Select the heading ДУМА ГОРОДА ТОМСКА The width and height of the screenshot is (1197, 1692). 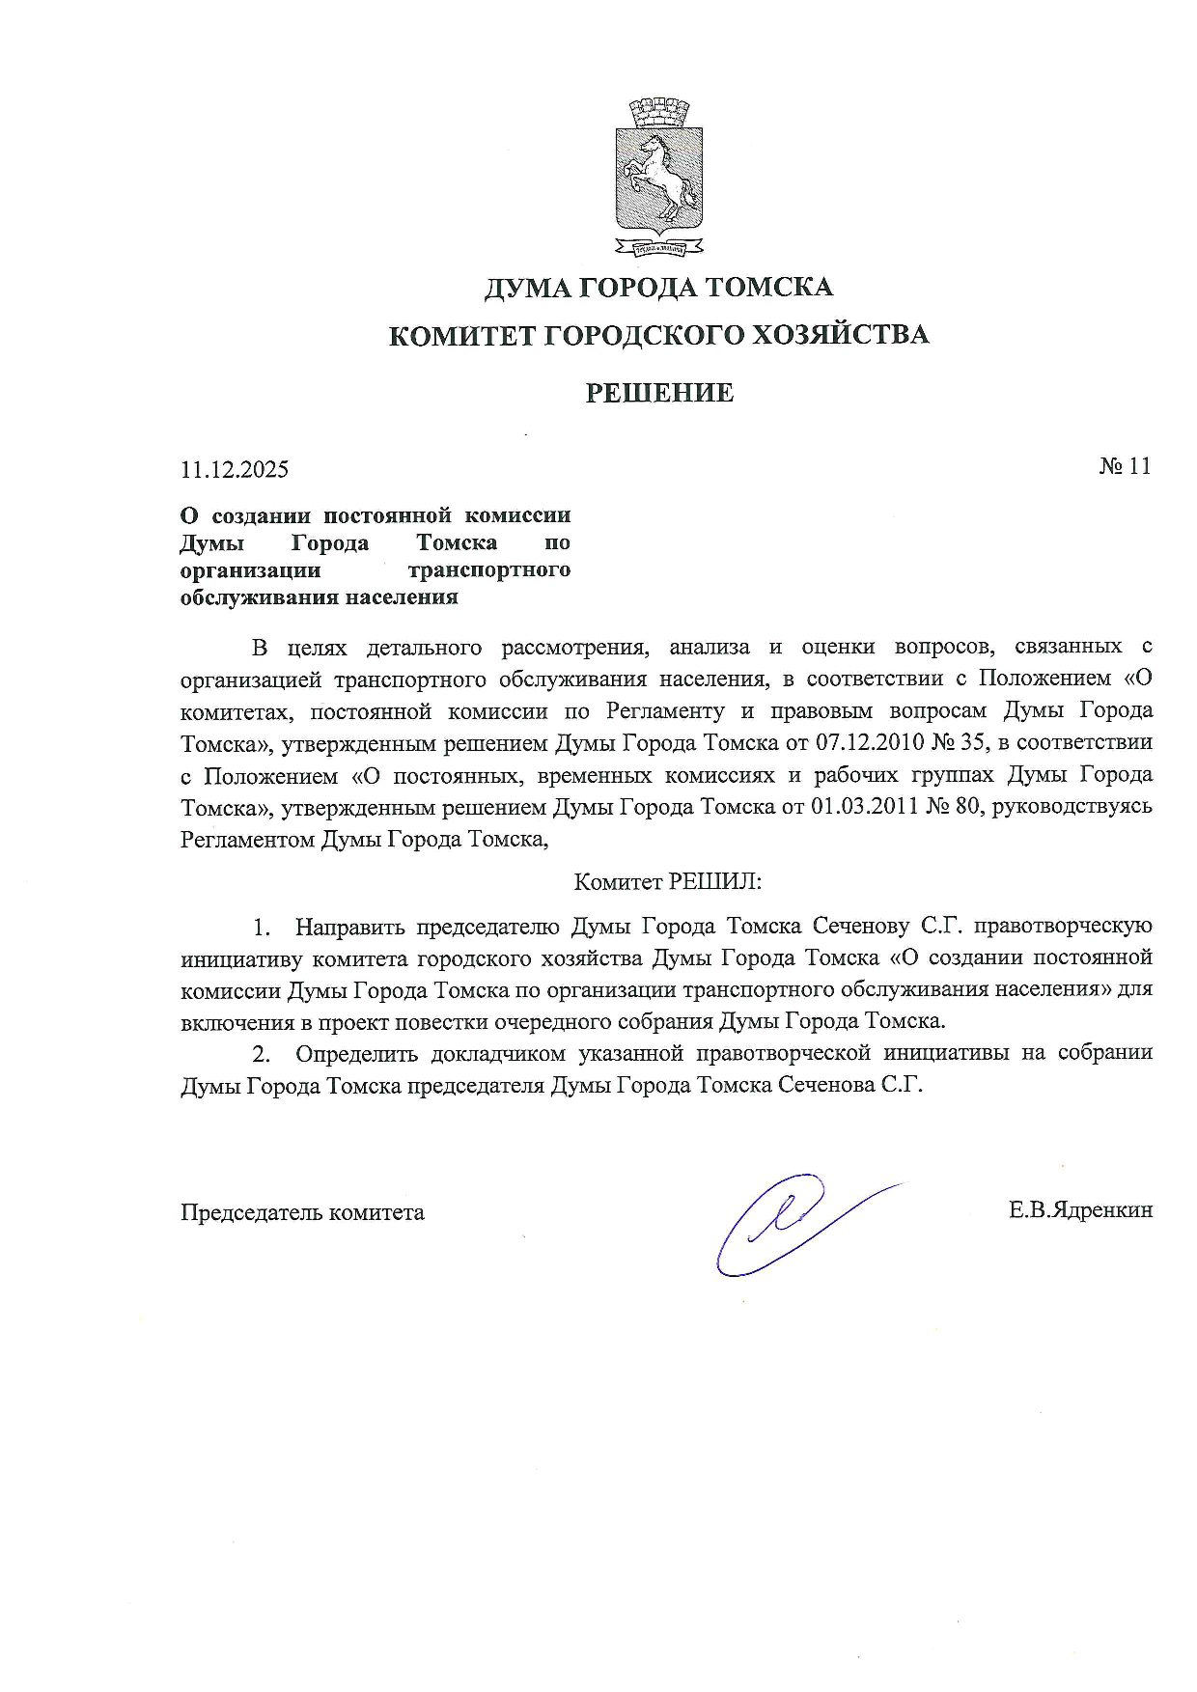pyautogui.click(x=658, y=287)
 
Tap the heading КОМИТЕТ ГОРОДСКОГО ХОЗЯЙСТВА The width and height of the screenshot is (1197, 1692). pyautogui.click(x=658, y=335)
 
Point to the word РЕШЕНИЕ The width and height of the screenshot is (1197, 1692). pyautogui.click(x=659, y=393)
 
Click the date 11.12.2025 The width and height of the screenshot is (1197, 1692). pyautogui.click(x=235, y=470)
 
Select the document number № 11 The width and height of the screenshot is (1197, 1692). pyautogui.click(x=1125, y=466)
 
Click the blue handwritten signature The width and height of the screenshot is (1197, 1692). pyautogui.click(x=792, y=1221)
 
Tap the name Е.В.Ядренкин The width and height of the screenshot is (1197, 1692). pyautogui.click(x=1080, y=1210)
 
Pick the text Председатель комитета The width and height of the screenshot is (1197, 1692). pyautogui.click(x=302, y=1212)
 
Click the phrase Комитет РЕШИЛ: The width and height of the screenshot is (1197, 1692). pyautogui.click(x=668, y=881)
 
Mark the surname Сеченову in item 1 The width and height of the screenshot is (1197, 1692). pyautogui.click(x=860, y=927)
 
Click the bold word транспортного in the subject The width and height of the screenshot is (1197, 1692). pyautogui.click(x=490, y=569)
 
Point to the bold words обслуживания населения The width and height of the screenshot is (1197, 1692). pyautogui.click(x=320, y=596)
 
